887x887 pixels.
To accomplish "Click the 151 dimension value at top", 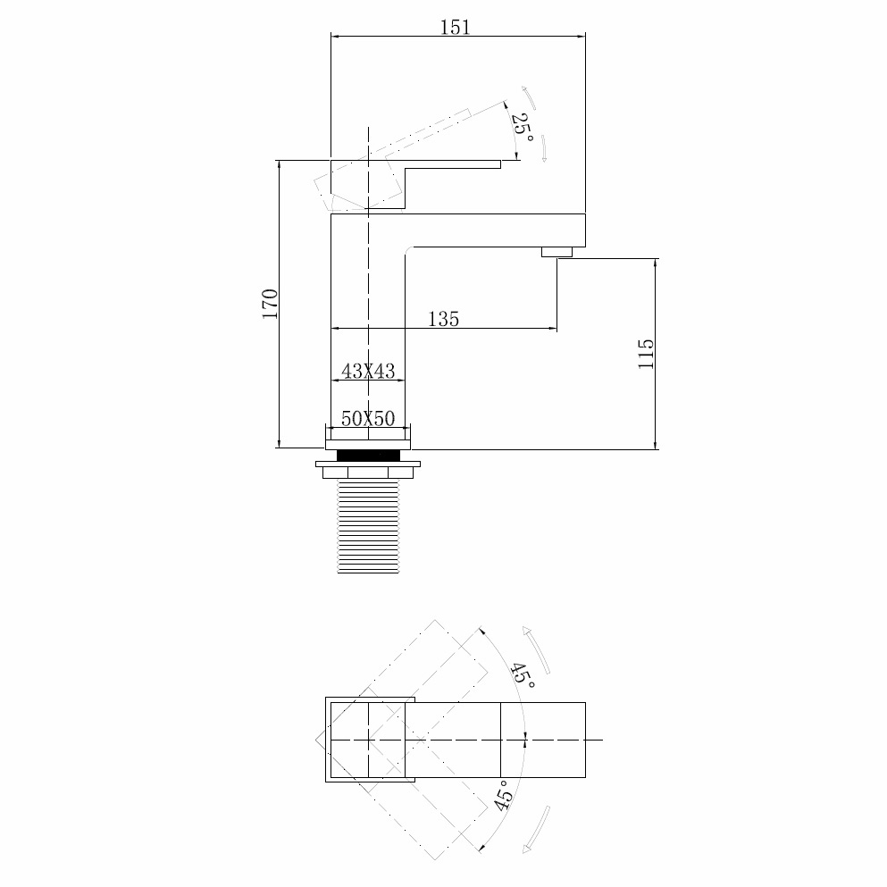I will tap(455, 27).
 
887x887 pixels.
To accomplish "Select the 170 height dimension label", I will tap(270, 305).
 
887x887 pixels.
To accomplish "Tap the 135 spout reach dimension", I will tap(443, 318).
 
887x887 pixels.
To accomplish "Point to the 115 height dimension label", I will tap(647, 354).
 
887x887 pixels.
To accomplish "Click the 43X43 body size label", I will tap(368, 371).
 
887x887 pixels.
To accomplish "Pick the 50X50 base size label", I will tap(368, 418).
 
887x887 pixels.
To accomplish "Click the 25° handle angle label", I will tap(522, 130).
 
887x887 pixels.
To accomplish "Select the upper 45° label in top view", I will tap(523, 676).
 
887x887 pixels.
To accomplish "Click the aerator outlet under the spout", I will tap(556, 253).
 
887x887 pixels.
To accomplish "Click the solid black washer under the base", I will tap(368, 456).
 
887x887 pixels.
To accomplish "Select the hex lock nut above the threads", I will tap(368, 470).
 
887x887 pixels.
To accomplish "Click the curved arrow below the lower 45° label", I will tap(537, 830).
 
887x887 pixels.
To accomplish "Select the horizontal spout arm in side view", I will tap(491, 230).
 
